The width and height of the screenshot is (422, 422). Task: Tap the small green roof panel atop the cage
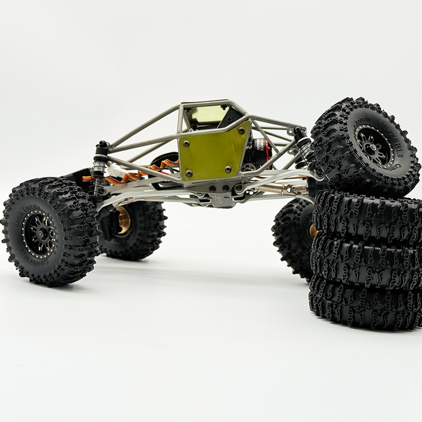pos(207,114)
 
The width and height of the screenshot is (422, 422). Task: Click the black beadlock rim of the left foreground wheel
pos(41,233)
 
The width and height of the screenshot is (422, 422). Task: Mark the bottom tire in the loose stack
pos(366,304)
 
